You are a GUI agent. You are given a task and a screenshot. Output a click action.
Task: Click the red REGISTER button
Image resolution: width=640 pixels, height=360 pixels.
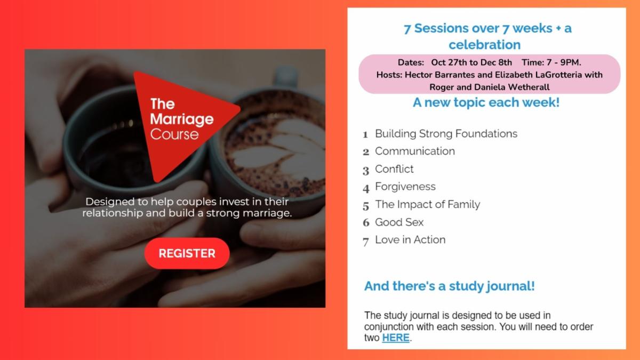(x=187, y=253)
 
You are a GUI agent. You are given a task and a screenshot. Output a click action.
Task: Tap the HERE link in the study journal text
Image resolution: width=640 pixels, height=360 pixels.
(x=396, y=338)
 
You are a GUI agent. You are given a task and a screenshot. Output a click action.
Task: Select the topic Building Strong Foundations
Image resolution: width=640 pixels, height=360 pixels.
(x=446, y=133)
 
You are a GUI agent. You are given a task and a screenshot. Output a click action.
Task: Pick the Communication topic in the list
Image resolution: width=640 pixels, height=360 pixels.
(x=414, y=151)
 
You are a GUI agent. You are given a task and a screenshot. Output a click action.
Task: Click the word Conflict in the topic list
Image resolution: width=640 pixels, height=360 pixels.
(x=394, y=169)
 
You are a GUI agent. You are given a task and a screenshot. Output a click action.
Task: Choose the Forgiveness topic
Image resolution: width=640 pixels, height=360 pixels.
(x=405, y=187)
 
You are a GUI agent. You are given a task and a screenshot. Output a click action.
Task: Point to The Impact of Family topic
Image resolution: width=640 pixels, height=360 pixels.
(x=427, y=204)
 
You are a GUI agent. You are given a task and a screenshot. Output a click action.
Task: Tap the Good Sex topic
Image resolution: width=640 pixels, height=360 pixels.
(x=399, y=222)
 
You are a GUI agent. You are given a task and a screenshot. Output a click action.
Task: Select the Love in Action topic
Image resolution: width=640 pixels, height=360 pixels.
(x=410, y=240)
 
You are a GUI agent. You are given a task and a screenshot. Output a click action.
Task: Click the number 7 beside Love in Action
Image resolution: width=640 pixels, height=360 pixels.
(x=366, y=242)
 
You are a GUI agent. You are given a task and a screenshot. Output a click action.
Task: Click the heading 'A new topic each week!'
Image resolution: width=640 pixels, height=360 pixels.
(x=486, y=102)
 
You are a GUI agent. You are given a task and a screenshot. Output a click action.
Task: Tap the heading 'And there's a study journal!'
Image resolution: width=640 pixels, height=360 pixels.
(x=449, y=286)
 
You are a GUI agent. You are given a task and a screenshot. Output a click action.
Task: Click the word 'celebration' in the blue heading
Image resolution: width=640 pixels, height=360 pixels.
(x=484, y=44)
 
